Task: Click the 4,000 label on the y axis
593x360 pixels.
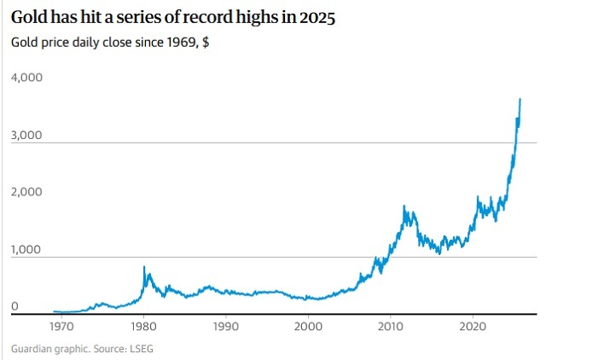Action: click(26, 78)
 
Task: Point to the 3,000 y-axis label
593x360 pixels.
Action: click(26, 135)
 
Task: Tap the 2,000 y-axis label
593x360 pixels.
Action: click(26, 192)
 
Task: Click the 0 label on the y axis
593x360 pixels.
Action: click(15, 306)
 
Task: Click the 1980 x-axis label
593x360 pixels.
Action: click(142, 326)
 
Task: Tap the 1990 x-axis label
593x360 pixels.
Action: click(225, 326)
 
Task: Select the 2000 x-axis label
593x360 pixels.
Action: click(308, 326)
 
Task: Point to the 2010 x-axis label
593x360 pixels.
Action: click(391, 326)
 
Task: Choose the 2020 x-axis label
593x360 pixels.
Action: click(474, 326)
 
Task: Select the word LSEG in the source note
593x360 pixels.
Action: click(139, 348)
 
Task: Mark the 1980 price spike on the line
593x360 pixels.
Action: click(143, 267)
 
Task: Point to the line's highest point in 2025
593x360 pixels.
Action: click(520, 100)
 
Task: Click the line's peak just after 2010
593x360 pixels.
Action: click(404, 206)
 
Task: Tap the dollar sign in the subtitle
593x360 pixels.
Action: click(206, 43)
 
